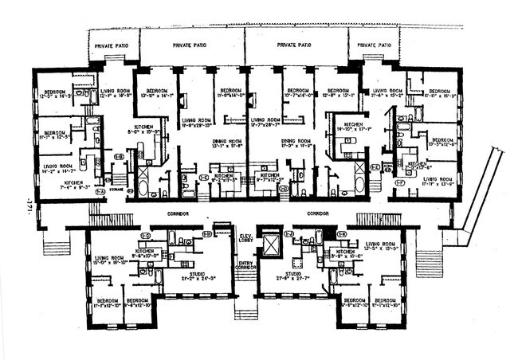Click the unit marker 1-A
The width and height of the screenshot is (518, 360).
click(100, 192)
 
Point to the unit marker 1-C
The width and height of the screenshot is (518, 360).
click(203, 177)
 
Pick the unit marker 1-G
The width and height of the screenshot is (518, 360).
click(146, 235)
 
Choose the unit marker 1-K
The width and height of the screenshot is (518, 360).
click(342, 235)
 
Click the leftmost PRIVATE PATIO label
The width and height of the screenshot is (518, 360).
click(111, 45)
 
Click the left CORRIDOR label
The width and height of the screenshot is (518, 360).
click(179, 213)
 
